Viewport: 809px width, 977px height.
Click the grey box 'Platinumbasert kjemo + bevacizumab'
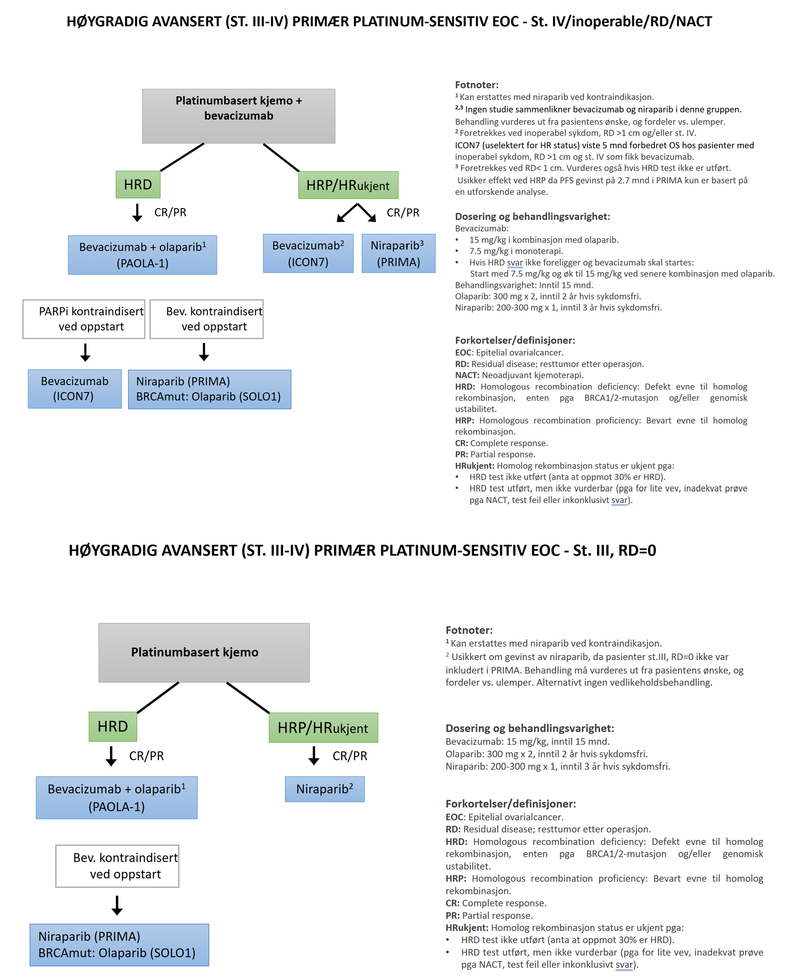click(238, 116)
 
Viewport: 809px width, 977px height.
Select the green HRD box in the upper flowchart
click(138, 185)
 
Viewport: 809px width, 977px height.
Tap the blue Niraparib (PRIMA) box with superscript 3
click(398, 253)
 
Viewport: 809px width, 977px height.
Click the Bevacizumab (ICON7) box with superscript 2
click(308, 253)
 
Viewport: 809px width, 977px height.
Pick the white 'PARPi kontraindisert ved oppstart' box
click(84, 319)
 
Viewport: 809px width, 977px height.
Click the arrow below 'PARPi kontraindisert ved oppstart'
click(85, 352)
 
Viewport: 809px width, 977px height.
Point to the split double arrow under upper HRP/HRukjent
click(356, 212)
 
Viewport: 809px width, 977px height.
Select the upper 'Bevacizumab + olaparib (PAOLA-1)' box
click(142, 255)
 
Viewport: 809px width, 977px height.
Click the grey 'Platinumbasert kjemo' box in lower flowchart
click(204, 652)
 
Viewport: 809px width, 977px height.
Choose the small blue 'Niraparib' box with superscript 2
click(324, 789)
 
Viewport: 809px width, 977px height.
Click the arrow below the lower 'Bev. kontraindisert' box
click(117, 905)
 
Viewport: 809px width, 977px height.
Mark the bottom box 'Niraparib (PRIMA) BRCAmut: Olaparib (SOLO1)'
click(119, 945)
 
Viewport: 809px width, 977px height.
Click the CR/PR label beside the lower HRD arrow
click(147, 756)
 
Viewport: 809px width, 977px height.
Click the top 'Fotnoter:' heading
click(476, 85)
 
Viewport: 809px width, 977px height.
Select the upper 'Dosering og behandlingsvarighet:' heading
click(532, 216)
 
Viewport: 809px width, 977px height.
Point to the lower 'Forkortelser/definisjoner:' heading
click(510, 803)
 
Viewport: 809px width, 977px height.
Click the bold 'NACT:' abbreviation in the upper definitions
click(467, 375)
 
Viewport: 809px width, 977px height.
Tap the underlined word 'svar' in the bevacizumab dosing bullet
click(515, 263)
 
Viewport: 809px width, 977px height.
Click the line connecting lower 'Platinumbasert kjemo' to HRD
click(158, 697)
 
